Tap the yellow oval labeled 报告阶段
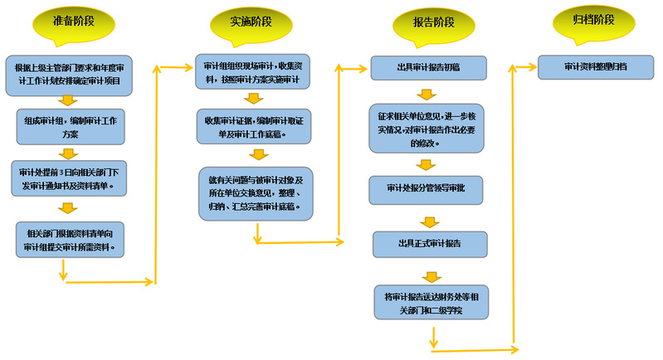431,22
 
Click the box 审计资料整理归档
595,66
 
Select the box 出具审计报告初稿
427,66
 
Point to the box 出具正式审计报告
428,244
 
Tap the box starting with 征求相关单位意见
427,128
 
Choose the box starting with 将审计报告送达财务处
430,302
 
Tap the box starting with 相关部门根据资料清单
70,238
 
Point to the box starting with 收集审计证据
255,125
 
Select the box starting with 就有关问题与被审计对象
255,192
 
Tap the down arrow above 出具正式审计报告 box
429,221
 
